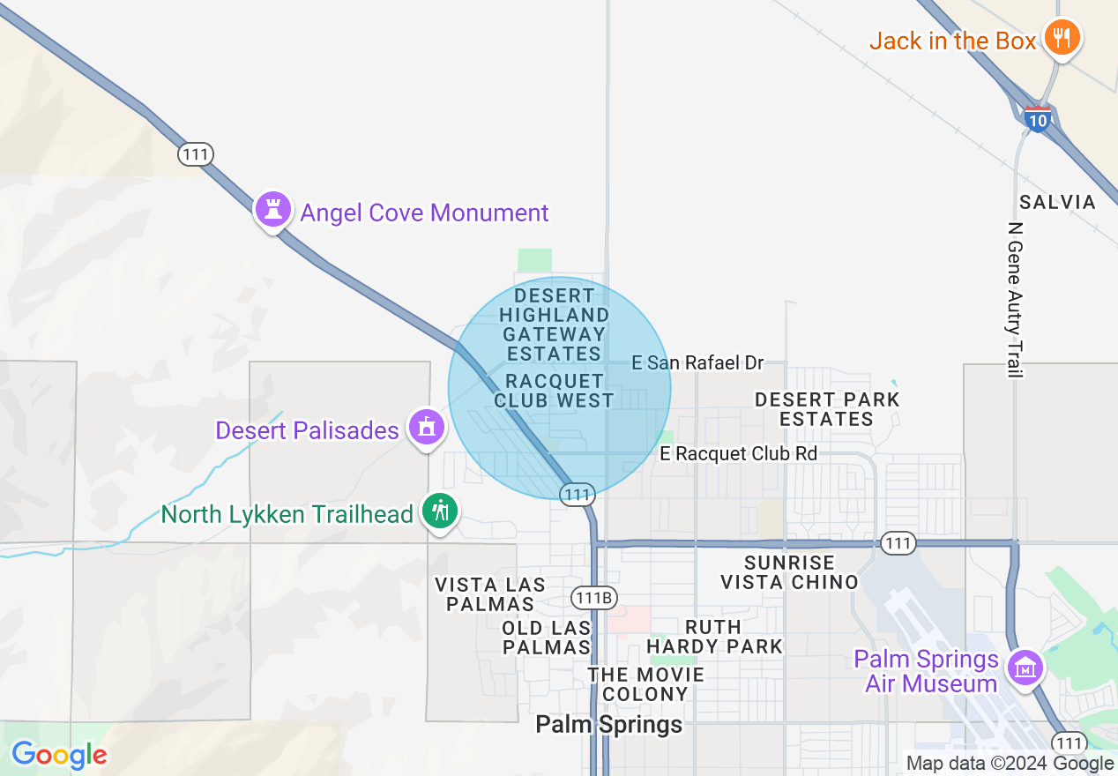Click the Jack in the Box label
click(952, 41)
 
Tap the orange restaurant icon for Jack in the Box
click(1062, 38)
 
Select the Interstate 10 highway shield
click(1038, 118)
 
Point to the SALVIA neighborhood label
click(1057, 202)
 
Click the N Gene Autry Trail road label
click(1015, 299)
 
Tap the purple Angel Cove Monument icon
click(272, 210)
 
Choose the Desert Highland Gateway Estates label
click(554, 325)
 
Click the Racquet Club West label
click(554, 391)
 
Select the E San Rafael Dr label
click(697, 362)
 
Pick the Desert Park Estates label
click(826, 409)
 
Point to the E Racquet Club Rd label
click(738, 453)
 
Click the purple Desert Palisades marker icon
click(427, 428)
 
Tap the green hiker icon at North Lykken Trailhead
click(439, 511)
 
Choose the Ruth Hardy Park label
click(714, 637)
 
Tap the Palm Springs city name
click(609, 725)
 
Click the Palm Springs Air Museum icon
click(1025, 668)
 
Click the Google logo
click(59, 755)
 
